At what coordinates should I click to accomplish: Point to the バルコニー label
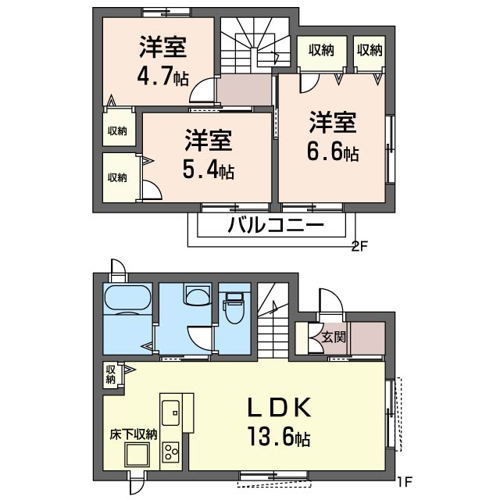pos(276,226)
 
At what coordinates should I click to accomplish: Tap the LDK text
pos(280,407)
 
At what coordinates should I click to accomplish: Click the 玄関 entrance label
pos(334,337)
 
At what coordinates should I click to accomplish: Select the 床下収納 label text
pos(134,434)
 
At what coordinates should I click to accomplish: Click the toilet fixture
pos(234,307)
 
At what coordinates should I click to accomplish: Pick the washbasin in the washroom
pos(198,295)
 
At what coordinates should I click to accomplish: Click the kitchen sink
pos(171,412)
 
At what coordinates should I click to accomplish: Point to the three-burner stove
pos(171,452)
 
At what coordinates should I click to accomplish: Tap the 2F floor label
pos(359,246)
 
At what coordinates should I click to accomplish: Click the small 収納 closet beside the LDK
pos(111,375)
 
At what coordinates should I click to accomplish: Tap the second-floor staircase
pos(255,45)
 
